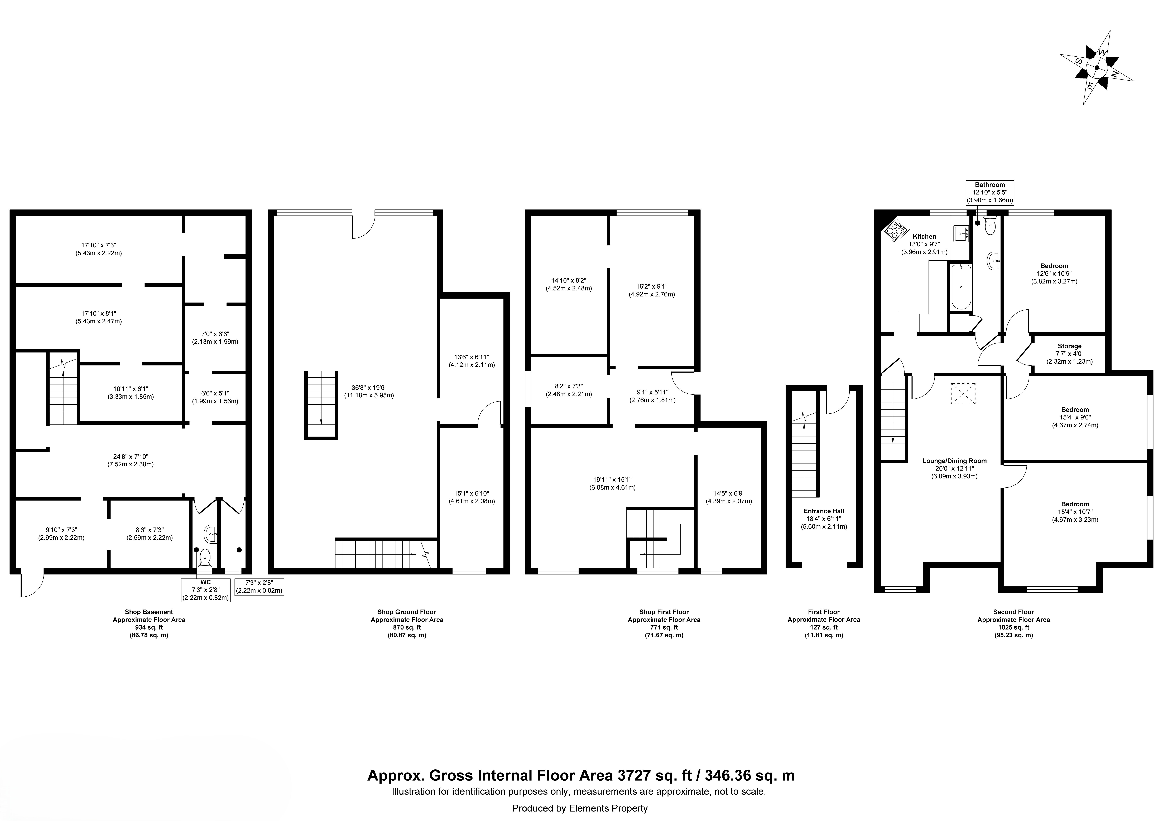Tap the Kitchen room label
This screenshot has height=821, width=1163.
pos(924,236)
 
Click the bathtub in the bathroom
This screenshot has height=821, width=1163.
pos(961,286)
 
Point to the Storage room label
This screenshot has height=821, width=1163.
pos(1069,346)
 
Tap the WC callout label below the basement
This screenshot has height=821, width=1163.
pos(206,583)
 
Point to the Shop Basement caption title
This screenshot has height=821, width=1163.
pos(149,612)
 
